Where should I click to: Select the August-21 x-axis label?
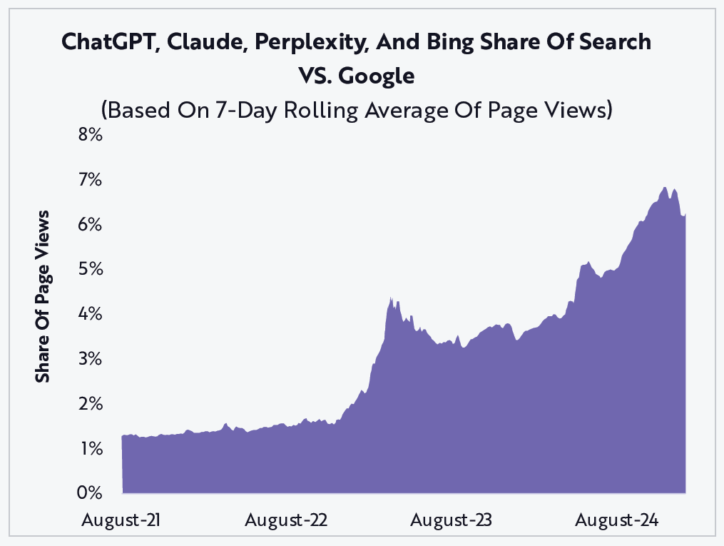[121, 520]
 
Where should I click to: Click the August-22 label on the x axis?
[286, 520]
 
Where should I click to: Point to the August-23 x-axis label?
[452, 520]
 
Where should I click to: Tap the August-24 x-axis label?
[617, 520]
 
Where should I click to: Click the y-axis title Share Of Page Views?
[43, 296]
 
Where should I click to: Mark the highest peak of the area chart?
[665, 188]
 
